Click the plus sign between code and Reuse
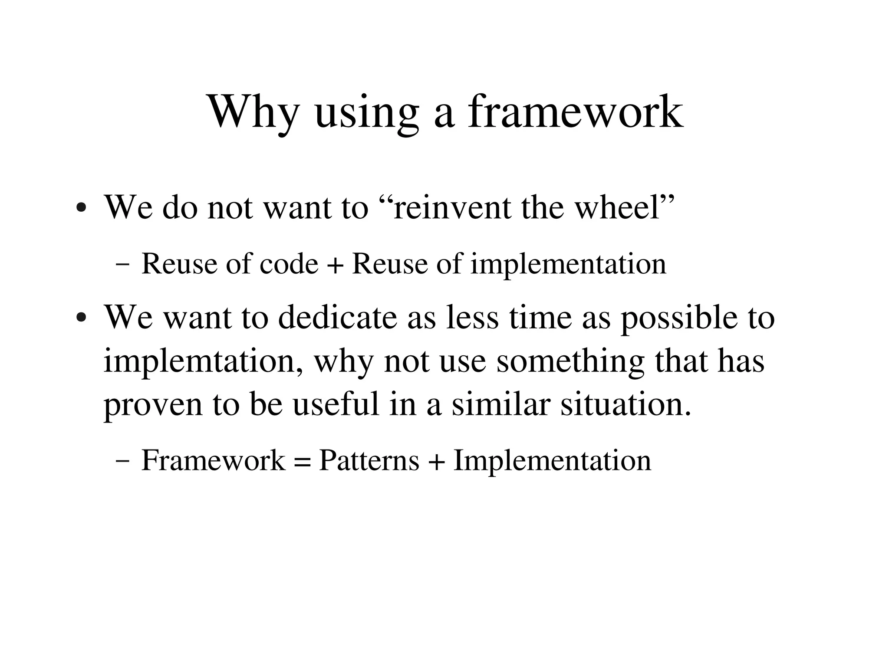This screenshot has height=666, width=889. [334, 264]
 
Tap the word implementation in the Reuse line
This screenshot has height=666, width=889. [568, 264]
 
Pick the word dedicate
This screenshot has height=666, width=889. [337, 317]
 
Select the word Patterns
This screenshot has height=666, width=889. [369, 460]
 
